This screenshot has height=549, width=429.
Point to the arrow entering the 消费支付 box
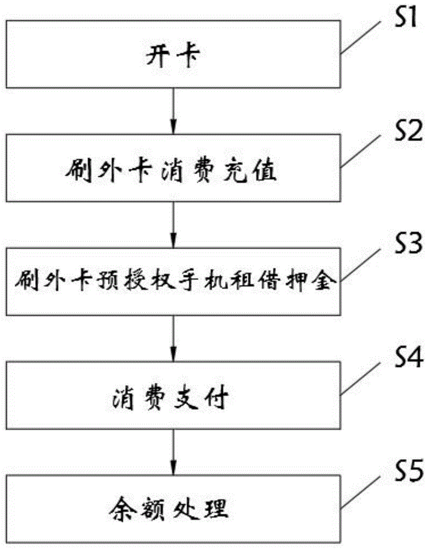point(173,341)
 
